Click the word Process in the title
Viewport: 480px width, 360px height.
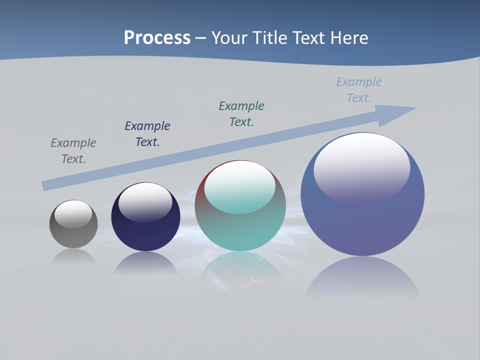(x=157, y=38)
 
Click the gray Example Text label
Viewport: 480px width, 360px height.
(x=73, y=151)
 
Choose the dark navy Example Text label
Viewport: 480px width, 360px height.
(x=147, y=134)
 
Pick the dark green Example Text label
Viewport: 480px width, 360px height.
(x=241, y=114)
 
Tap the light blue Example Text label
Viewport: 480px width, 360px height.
(x=359, y=90)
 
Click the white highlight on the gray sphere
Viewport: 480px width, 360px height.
(x=73, y=214)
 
